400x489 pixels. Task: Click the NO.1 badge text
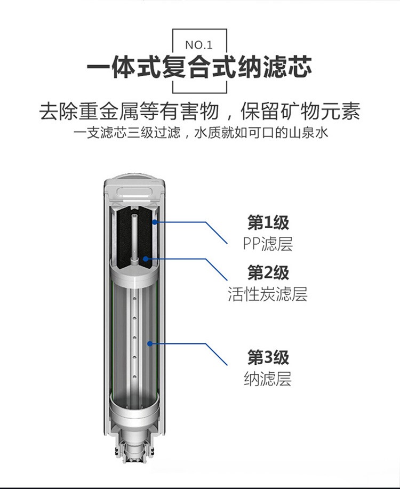[199, 45]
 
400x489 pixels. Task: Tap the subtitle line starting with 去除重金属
[200, 111]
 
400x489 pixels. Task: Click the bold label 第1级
[268, 222]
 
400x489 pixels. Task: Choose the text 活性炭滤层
[268, 294]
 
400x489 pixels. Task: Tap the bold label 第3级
[268, 357]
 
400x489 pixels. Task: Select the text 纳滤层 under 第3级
[268, 379]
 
